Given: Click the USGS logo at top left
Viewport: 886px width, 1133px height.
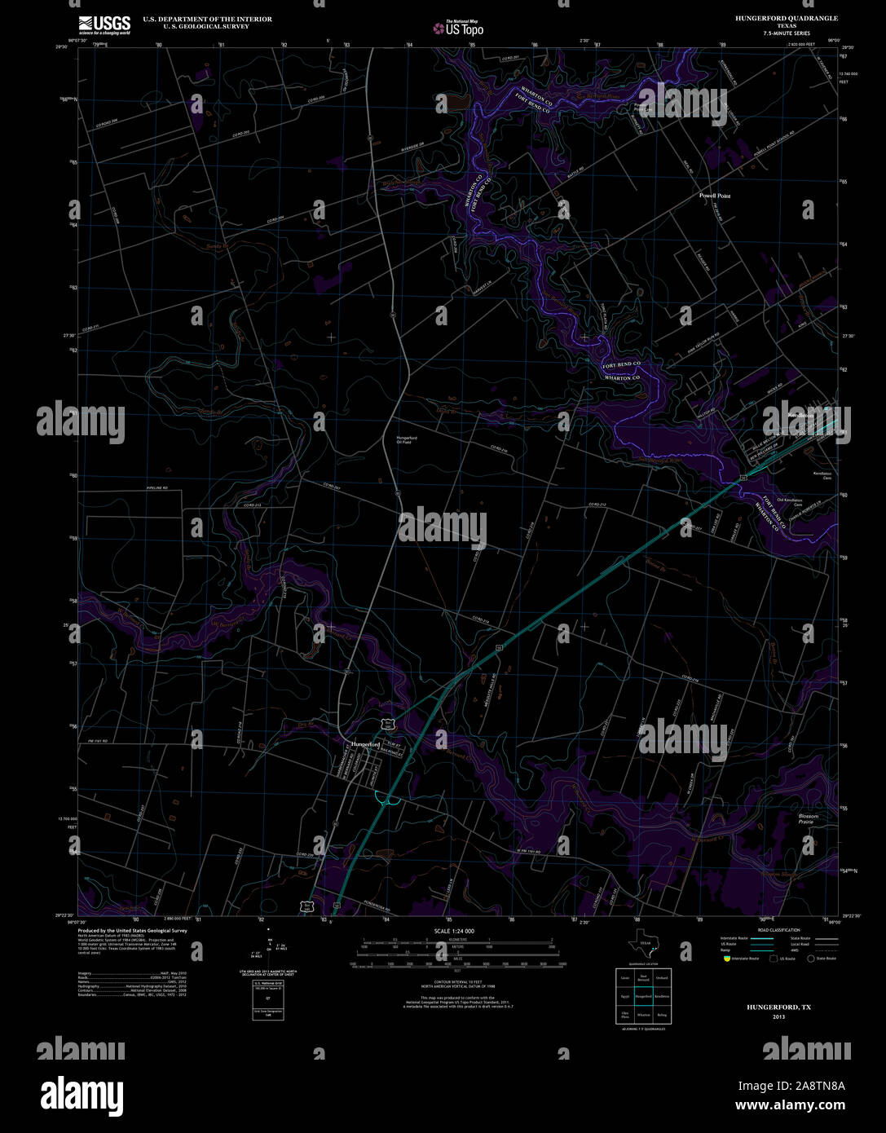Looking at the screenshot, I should tap(104, 24).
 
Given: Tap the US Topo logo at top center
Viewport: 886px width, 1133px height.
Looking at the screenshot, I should tap(458, 29).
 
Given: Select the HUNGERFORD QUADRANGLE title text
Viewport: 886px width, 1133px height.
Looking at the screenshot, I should tap(786, 18).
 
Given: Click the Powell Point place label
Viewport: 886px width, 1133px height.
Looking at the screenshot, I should tap(715, 196).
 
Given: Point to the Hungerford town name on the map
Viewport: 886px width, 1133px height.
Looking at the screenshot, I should tap(365, 744).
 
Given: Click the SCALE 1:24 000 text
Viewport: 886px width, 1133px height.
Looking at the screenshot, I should tap(454, 931).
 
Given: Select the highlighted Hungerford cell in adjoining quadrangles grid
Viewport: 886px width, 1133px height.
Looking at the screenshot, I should tap(643, 996).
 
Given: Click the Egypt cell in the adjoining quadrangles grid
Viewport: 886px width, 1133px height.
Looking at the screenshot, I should tap(624, 996).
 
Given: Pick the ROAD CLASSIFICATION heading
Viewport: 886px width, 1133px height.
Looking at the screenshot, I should tap(778, 930).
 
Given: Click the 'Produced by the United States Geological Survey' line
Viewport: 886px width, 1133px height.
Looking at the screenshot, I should tap(132, 930).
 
